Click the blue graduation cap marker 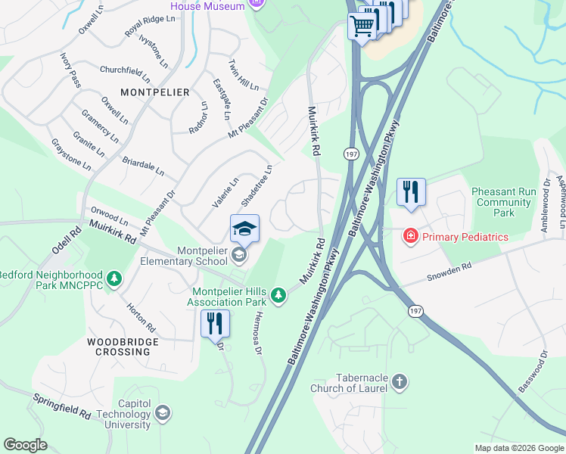pos(244,228)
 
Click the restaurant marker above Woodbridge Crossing pos(215,323)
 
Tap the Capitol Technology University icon pos(162,413)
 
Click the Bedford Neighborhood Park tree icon pos(114,280)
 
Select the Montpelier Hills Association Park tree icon pos(279,295)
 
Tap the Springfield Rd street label pos(62,406)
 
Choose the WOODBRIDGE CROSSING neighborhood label pos(123,347)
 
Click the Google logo pos(26,445)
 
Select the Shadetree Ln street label pos(257,186)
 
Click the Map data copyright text pos(518,448)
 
